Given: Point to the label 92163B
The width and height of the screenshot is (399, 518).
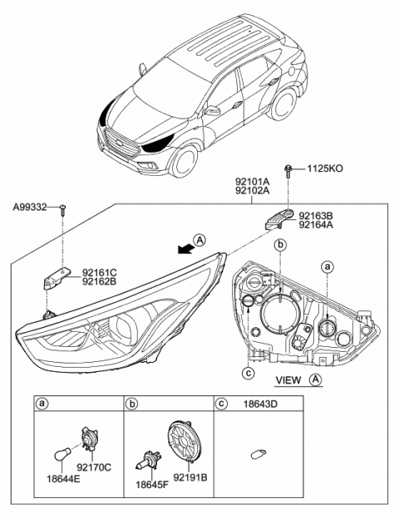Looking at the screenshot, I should (x=317, y=214).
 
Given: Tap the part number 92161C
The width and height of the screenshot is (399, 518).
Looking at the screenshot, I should (x=100, y=271).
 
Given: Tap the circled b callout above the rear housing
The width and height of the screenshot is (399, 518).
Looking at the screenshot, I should (x=280, y=245).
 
